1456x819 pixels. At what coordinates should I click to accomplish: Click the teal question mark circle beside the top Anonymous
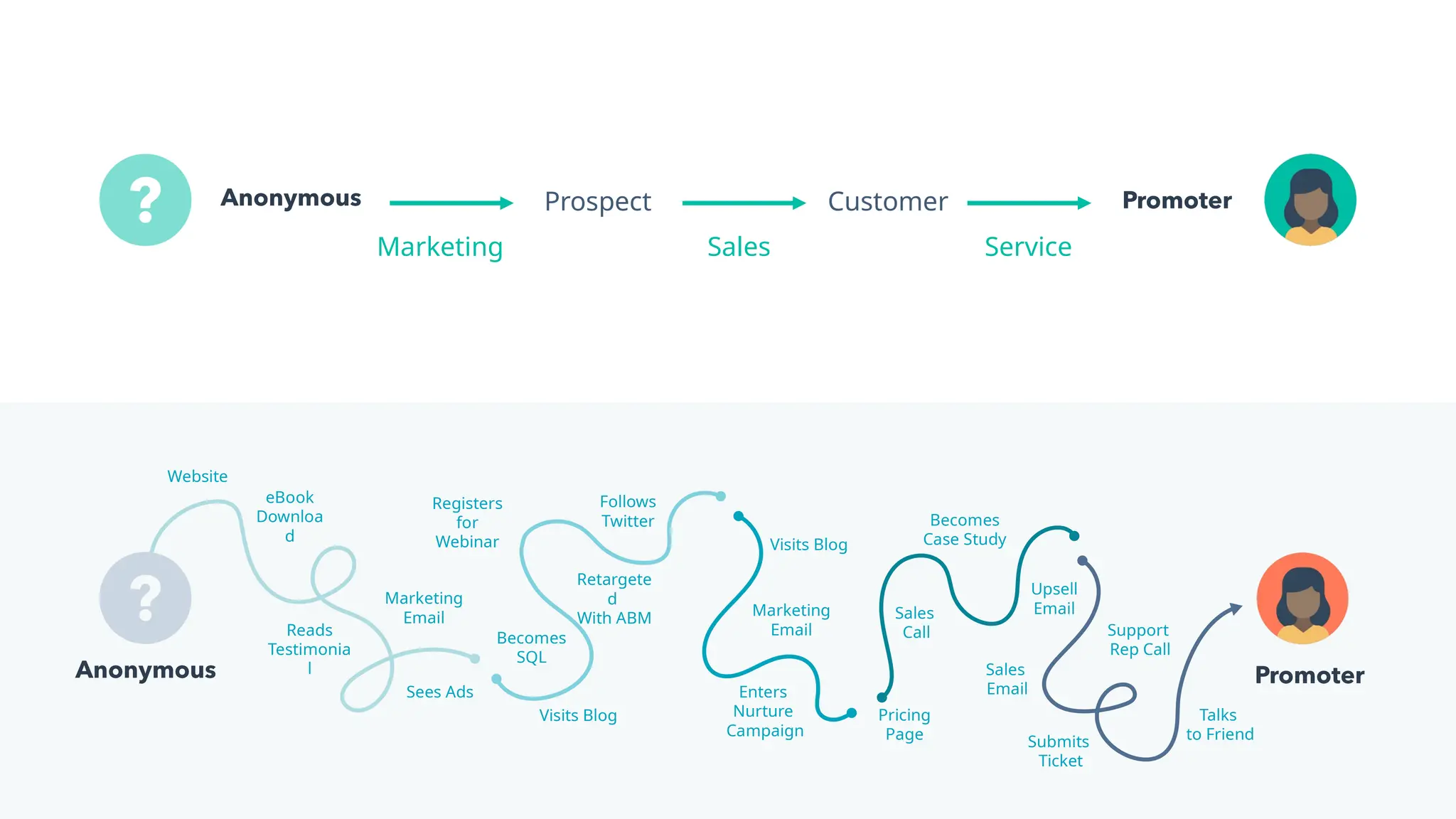[145, 200]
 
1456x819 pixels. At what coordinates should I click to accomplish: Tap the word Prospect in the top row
[597, 202]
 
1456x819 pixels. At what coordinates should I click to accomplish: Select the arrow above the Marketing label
[451, 203]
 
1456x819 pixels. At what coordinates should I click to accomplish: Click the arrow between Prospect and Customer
[743, 203]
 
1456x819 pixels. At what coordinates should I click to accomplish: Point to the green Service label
[1027, 247]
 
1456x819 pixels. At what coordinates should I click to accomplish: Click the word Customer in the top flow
[887, 202]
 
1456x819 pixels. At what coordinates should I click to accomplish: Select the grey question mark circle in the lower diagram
[145, 598]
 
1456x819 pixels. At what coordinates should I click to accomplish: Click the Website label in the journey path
[197, 476]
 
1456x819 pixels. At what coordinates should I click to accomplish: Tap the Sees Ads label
[439, 692]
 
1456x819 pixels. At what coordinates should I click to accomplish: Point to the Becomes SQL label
[531, 647]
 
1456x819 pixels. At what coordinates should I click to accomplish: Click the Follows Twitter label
[627, 511]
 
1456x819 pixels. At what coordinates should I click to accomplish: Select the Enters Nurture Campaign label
[764, 711]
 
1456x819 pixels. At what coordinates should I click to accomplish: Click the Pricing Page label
[904, 724]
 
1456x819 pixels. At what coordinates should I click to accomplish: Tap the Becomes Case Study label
[964, 530]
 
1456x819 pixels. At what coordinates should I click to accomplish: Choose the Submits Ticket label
[1059, 751]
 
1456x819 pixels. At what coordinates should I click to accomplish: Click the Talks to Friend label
[1219, 724]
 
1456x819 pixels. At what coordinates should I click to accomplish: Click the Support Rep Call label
[1139, 639]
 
